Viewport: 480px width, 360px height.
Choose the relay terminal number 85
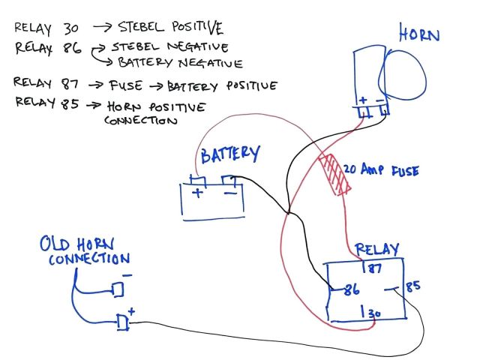[413, 286]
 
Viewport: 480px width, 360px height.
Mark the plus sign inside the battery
[199, 193]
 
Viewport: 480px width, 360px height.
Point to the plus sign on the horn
[363, 100]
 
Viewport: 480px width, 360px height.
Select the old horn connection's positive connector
[124, 322]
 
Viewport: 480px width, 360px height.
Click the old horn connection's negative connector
[117, 289]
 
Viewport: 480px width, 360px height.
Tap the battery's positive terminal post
[198, 180]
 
